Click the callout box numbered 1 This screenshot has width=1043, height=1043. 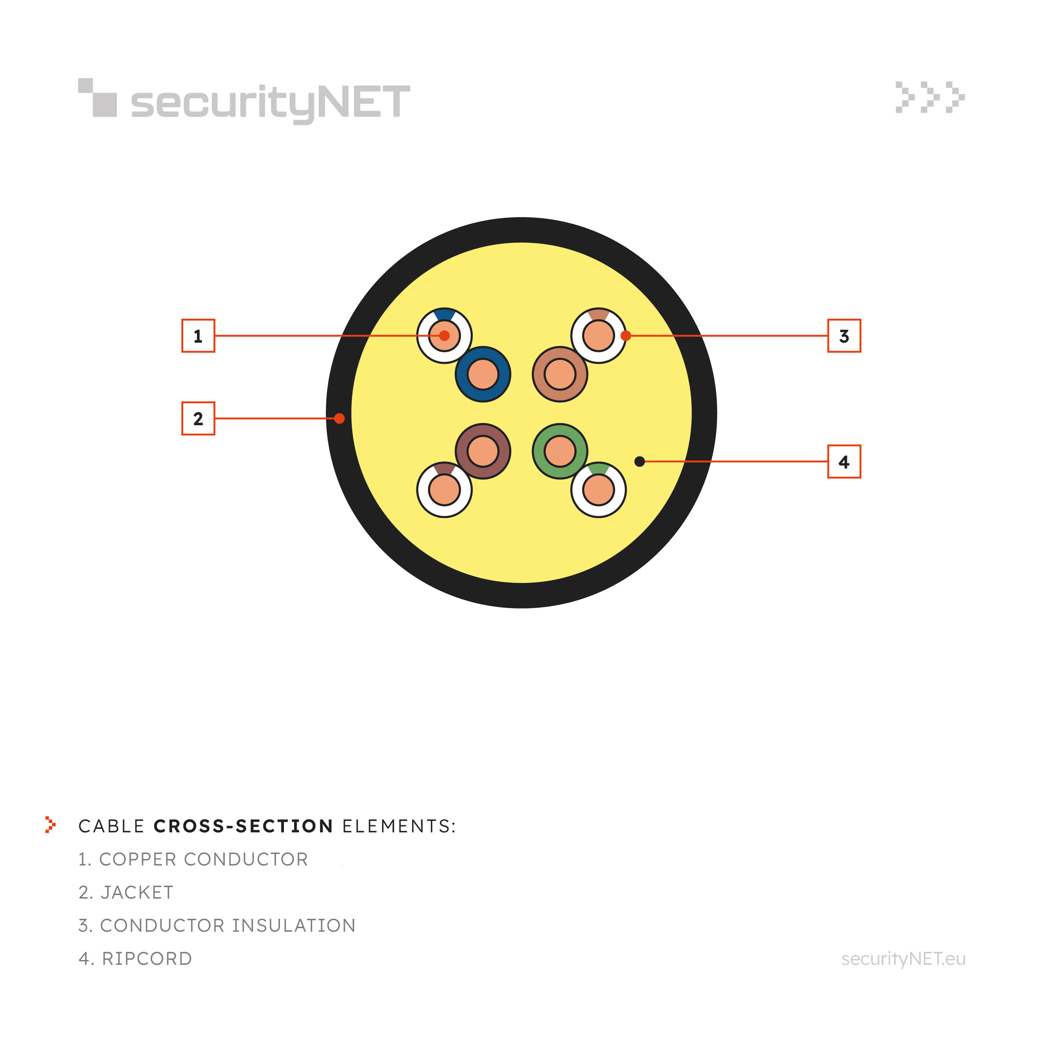(x=198, y=336)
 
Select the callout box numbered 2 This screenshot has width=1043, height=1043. (x=198, y=418)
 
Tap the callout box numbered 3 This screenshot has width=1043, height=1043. (x=844, y=336)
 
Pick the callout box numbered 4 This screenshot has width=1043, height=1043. (x=844, y=461)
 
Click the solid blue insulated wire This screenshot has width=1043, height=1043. (x=483, y=374)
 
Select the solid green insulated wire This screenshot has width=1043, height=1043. (x=560, y=451)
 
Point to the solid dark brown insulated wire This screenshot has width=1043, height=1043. (x=483, y=451)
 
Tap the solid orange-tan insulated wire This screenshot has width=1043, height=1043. (x=560, y=374)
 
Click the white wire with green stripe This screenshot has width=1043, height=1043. (x=599, y=490)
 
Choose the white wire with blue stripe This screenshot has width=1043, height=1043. (x=444, y=336)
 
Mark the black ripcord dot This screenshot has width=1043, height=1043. (x=640, y=461)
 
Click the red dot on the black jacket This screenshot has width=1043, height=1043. (x=340, y=418)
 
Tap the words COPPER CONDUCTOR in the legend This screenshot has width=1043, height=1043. (x=204, y=859)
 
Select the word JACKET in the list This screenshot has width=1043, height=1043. (x=137, y=892)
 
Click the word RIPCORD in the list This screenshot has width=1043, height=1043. (x=147, y=959)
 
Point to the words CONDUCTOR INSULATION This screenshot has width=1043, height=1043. (x=228, y=925)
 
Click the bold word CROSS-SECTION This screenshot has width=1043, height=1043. (x=243, y=826)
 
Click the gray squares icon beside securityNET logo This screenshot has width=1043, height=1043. (x=98, y=98)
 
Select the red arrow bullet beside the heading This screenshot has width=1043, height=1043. (x=50, y=825)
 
